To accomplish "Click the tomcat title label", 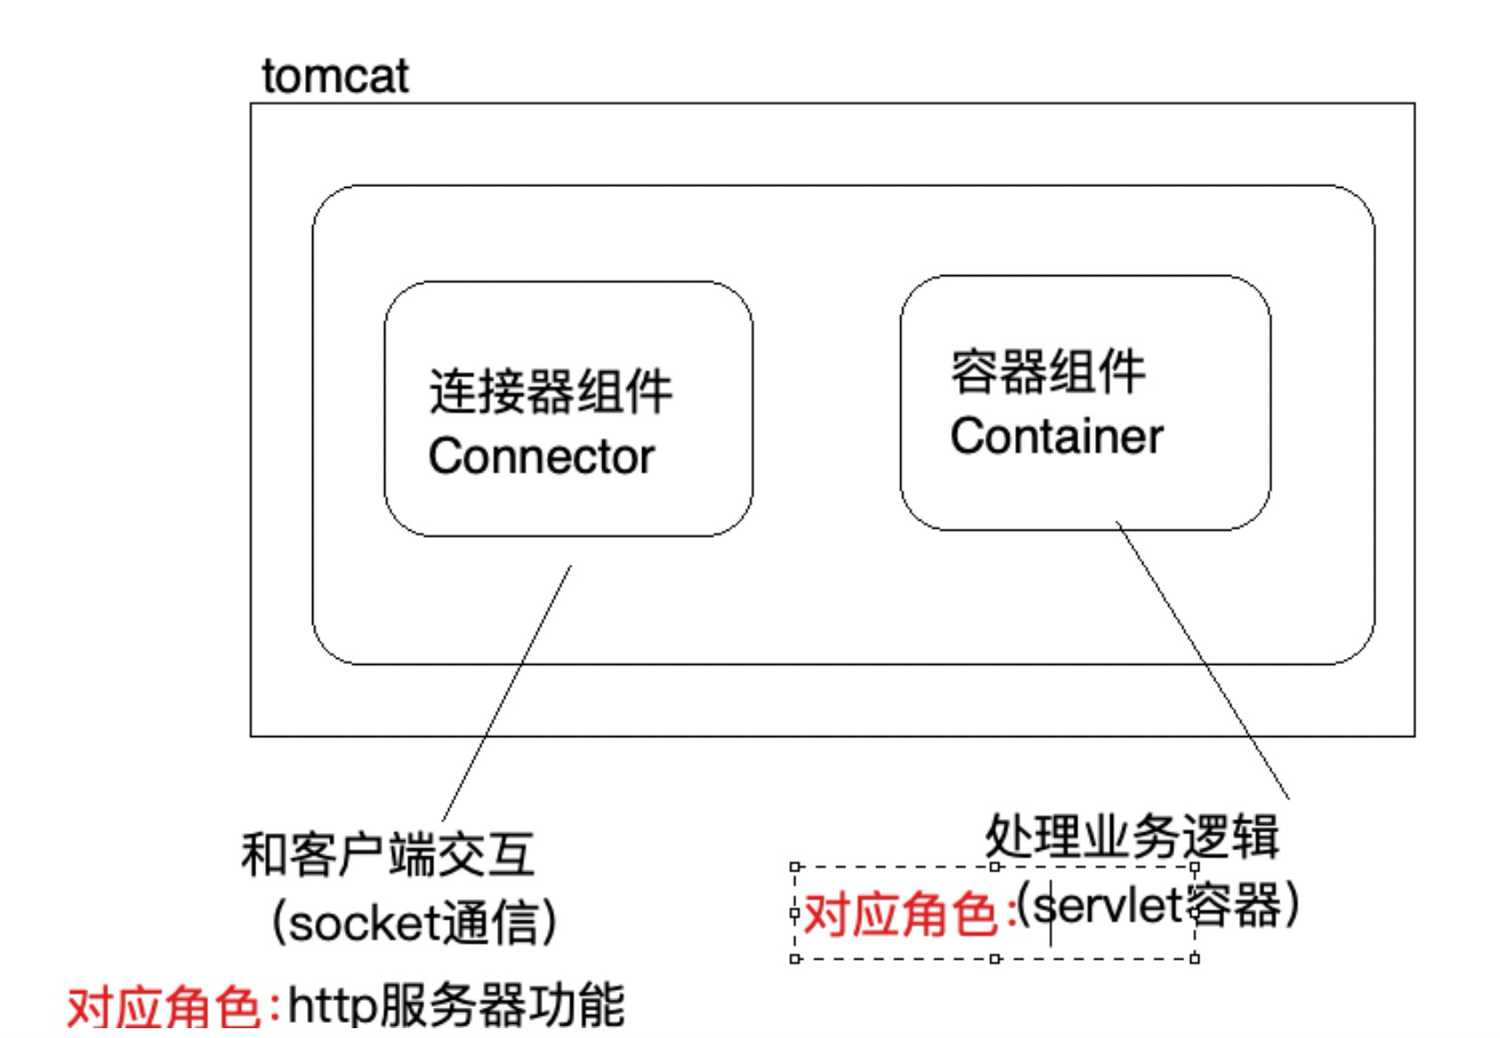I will click(x=335, y=77).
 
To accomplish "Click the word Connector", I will click(x=541, y=457).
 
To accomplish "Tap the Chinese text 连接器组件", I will click(x=550, y=392).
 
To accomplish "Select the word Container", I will click(x=1056, y=436).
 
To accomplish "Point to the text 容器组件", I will click(x=1047, y=371).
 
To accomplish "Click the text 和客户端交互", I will click(x=388, y=856).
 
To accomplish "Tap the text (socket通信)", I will click(x=414, y=922).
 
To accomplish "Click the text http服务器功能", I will click(x=456, y=1006).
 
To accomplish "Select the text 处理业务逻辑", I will click(x=1132, y=837).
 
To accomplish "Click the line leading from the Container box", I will click(x=1201, y=659).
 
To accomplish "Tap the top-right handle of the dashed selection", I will click(x=1195, y=866).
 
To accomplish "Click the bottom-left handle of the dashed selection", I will click(x=795, y=959).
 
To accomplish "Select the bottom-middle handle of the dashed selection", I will click(x=995, y=959).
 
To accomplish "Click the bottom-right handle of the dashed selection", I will click(x=1195, y=959).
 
